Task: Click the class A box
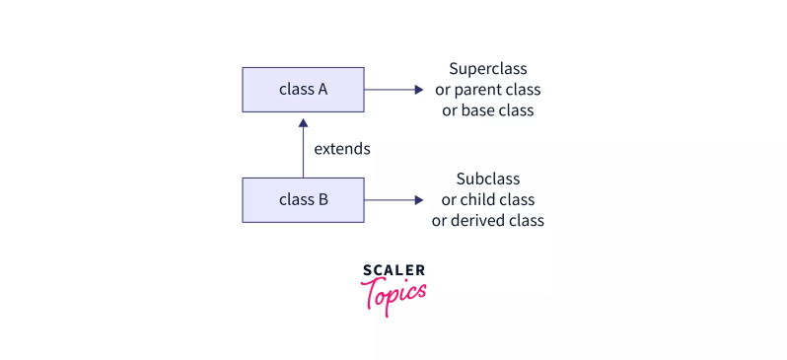click(x=303, y=89)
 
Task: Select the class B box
click(x=303, y=199)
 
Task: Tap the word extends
click(x=341, y=150)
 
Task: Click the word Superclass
click(x=487, y=69)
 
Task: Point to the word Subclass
click(x=487, y=179)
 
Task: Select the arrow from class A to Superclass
click(x=393, y=89)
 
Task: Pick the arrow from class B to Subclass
click(x=393, y=199)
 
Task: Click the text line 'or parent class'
click(x=487, y=90)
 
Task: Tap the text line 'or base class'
click(x=487, y=110)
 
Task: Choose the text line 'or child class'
click(x=487, y=199)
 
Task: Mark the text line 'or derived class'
click(x=487, y=220)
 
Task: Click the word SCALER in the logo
click(x=393, y=270)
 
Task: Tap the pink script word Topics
click(x=393, y=293)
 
